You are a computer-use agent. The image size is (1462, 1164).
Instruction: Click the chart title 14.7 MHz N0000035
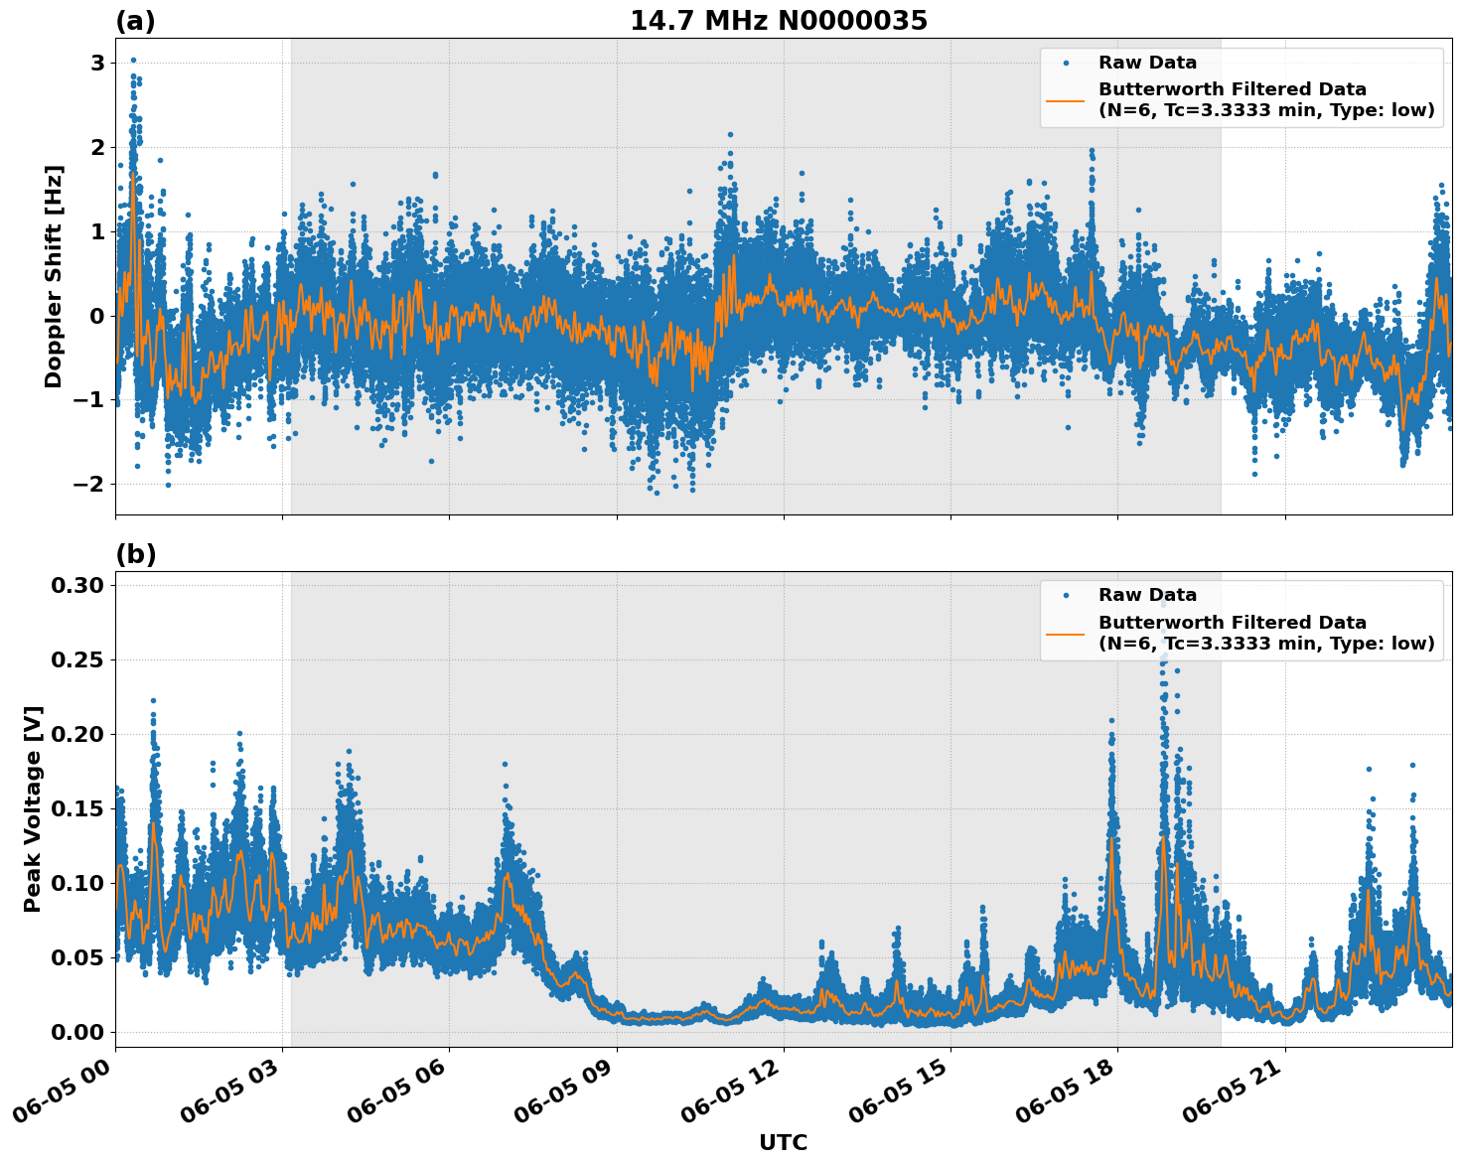pos(778,21)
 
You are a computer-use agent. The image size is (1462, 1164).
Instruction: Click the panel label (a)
pos(135,21)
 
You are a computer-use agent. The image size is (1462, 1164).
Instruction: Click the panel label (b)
pos(135,554)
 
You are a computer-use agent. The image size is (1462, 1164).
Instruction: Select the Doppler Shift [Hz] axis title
pos(54,276)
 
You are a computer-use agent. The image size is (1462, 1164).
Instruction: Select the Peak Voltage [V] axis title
pos(33,808)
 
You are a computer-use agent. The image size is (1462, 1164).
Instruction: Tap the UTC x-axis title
pos(783,1142)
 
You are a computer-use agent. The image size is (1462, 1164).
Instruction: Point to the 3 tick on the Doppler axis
pos(97,64)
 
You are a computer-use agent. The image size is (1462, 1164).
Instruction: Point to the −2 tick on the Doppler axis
pos(90,484)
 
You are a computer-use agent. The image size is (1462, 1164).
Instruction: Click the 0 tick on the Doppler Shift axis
pos(97,316)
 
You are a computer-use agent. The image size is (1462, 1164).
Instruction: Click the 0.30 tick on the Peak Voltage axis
pos(78,586)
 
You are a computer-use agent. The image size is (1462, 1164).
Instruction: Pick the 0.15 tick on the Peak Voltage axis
pos(78,808)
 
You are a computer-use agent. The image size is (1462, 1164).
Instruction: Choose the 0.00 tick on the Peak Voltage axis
pos(78,1032)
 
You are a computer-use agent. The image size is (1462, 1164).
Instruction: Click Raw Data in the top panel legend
pos(1147,64)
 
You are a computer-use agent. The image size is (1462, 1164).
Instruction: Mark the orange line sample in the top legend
pos(1065,99)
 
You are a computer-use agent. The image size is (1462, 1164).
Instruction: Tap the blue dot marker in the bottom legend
pos(1065,596)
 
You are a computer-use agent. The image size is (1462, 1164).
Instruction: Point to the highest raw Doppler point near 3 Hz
pos(133,60)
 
